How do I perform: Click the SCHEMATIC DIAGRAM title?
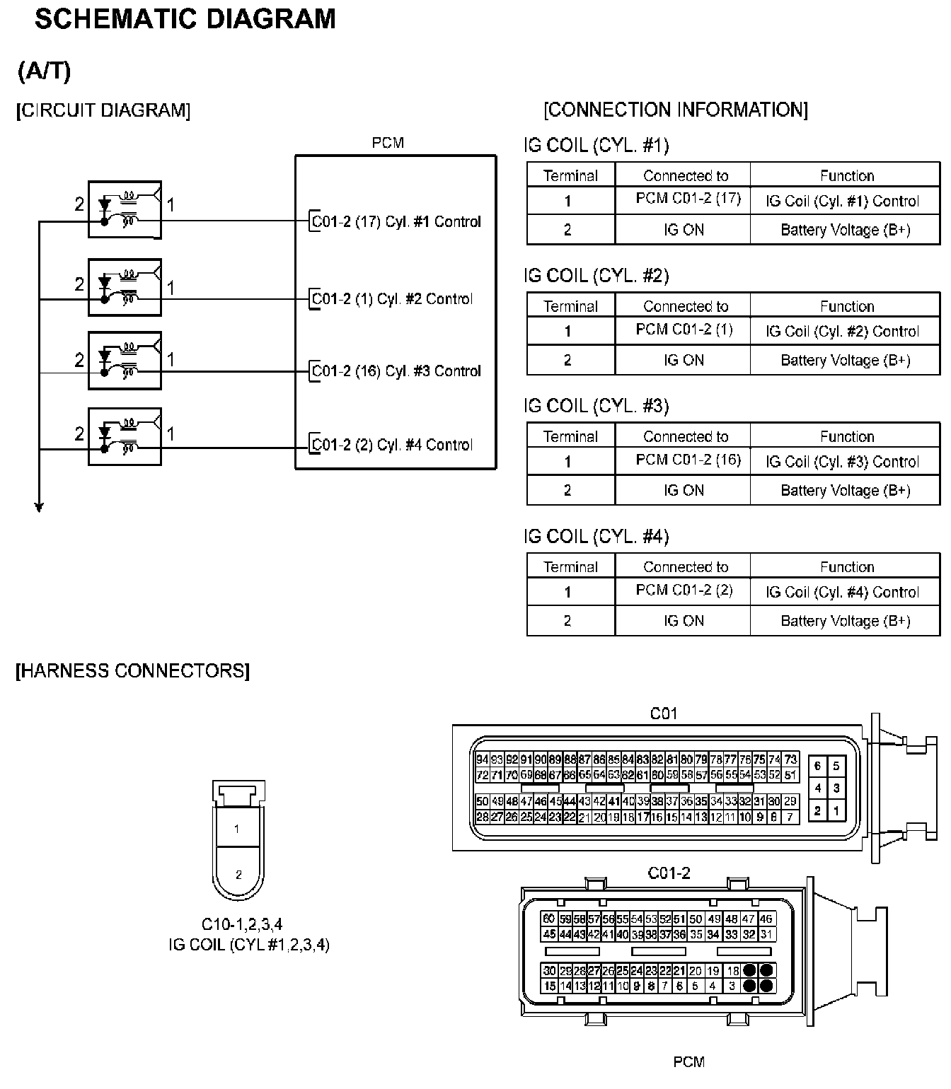tap(185, 19)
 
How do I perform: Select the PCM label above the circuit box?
tap(388, 143)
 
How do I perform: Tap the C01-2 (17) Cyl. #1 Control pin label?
tap(396, 221)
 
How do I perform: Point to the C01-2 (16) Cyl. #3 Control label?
tap(396, 371)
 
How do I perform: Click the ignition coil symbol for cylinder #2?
tap(125, 287)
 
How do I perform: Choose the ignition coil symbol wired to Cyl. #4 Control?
tap(125, 436)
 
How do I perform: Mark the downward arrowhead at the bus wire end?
tap(39, 506)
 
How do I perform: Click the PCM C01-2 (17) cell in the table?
tap(688, 199)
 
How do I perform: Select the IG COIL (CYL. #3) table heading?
tap(596, 406)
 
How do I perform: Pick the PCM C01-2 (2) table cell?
tap(684, 590)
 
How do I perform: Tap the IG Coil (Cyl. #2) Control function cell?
tap(842, 331)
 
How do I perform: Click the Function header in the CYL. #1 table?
tap(846, 175)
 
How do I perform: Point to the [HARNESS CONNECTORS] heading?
tap(133, 671)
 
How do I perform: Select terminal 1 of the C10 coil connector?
tap(237, 829)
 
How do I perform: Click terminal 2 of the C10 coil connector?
tap(238, 875)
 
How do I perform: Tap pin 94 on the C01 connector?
tap(483, 759)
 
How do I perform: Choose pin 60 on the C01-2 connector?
tap(549, 919)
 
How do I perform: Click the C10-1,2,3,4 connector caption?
tap(242, 924)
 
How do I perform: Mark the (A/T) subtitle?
tap(45, 71)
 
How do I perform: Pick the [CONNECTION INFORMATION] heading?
tap(676, 110)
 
